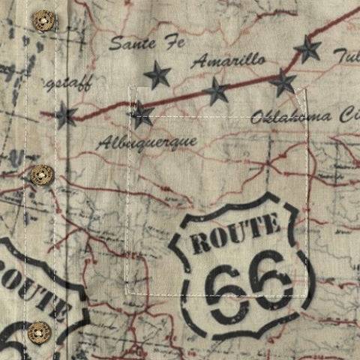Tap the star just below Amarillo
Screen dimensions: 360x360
[216, 90]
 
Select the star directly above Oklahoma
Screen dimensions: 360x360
[283, 82]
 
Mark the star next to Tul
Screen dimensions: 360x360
[307, 49]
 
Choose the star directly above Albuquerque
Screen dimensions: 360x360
[141, 115]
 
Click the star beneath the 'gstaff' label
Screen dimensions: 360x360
[66, 115]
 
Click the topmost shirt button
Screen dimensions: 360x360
[43, 20]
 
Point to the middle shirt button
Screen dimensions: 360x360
[41, 175]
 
